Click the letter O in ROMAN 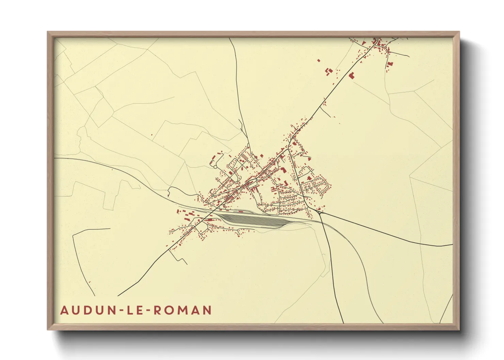point(171,310)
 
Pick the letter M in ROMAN point(184,310)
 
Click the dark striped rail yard point(254,220)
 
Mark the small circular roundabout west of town point(215,167)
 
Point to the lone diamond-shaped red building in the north point(319,61)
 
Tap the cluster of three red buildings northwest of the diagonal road point(329,71)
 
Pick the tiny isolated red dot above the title point(90,282)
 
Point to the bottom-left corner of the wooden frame point(48,329)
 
